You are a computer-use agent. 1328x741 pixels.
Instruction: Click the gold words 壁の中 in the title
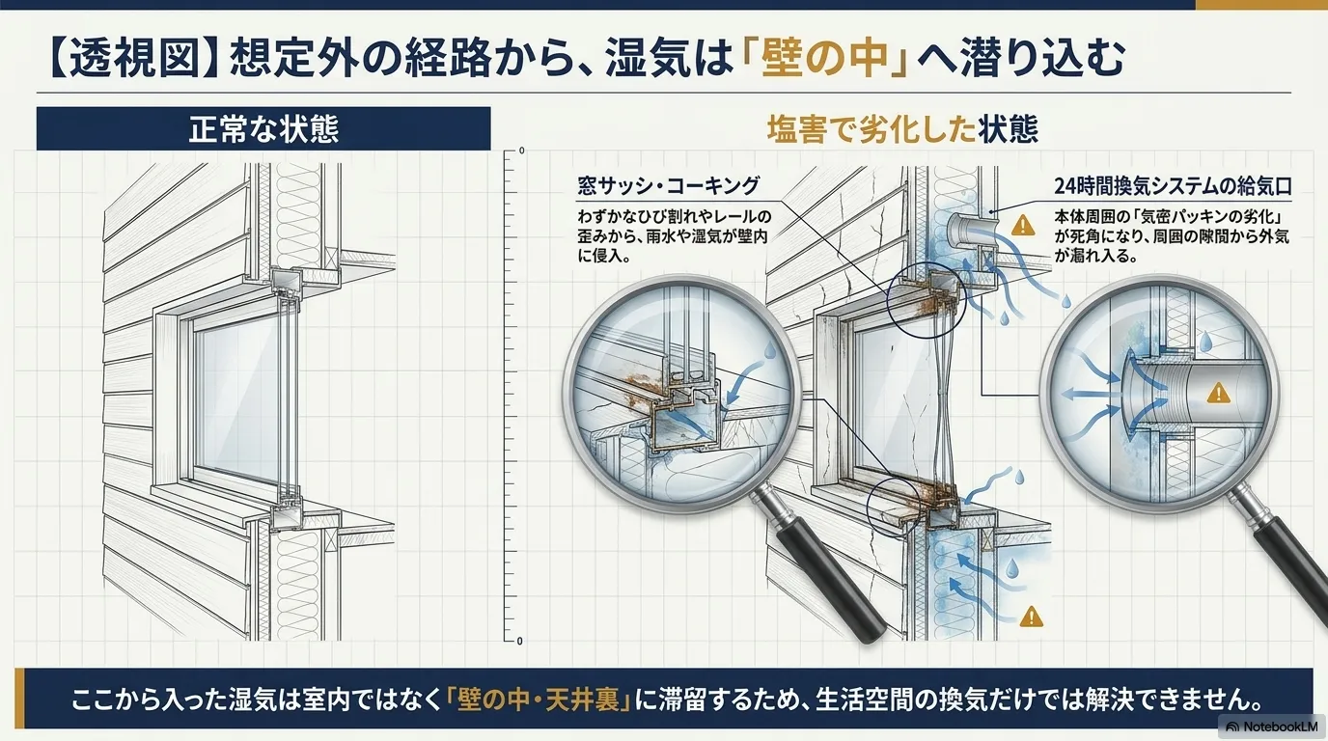pyautogui.click(x=824, y=59)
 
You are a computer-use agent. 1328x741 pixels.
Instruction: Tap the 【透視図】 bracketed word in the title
pyautogui.click(x=128, y=59)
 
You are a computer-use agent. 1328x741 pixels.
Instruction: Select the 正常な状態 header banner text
pyautogui.click(x=263, y=128)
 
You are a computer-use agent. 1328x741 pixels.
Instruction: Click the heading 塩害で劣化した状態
pyautogui.click(x=902, y=128)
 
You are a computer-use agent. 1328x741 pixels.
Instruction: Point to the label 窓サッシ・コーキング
pyautogui.click(x=668, y=186)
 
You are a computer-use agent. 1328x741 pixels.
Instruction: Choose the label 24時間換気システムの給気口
pyautogui.click(x=1173, y=187)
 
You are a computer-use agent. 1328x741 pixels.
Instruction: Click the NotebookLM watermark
pyautogui.click(x=1273, y=727)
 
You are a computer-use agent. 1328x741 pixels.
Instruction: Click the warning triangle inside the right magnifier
pyautogui.click(x=1218, y=393)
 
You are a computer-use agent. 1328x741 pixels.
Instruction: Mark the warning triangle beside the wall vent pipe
pyautogui.click(x=1023, y=225)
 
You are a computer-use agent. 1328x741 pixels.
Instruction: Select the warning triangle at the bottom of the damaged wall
pyautogui.click(x=1031, y=617)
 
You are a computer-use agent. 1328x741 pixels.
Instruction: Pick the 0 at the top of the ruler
pyautogui.click(x=522, y=151)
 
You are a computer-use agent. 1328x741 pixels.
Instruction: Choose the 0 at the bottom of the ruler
pyautogui.click(x=520, y=641)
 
